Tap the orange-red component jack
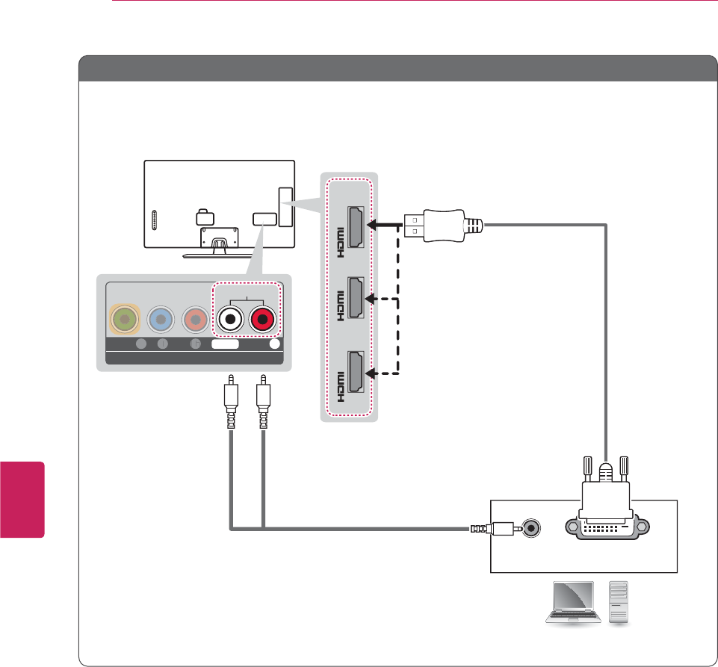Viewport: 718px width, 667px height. click(x=196, y=319)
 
